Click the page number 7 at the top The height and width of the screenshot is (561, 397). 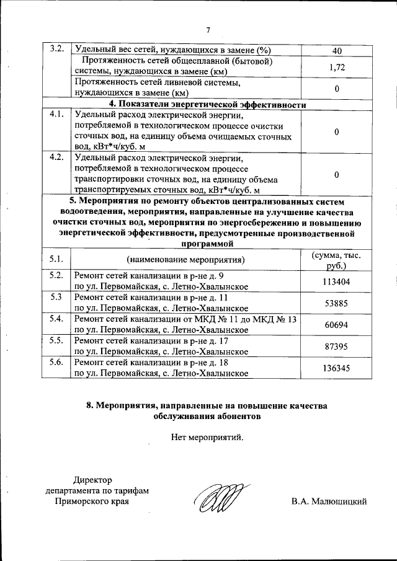(x=208, y=30)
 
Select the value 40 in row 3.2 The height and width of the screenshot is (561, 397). (x=336, y=50)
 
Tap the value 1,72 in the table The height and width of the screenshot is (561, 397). (x=336, y=67)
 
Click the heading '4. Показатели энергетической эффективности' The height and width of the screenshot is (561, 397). (x=208, y=104)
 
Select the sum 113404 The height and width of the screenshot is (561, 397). (x=336, y=281)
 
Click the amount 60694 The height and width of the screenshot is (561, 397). (x=336, y=324)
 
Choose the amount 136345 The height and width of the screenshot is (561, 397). (x=336, y=368)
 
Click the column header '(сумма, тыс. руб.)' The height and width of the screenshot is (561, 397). (x=336, y=261)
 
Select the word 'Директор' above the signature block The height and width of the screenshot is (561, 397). (x=94, y=480)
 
